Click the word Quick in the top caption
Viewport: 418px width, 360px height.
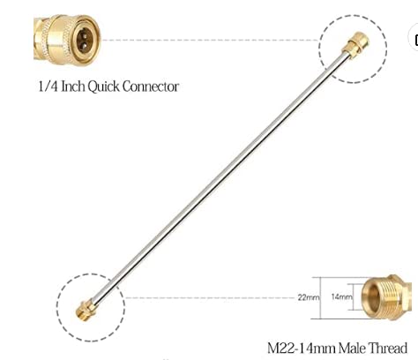[x=104, y=86]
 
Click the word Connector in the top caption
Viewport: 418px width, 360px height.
[x=151, y=86]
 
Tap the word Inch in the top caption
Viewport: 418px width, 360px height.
[x=73, y=86]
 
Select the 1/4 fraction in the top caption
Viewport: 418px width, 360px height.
[x=49, y=86]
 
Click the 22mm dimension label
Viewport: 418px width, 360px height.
[x=309, y=297]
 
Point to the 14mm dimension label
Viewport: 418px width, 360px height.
[x=341, y=296]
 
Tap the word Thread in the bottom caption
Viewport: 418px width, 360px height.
[x=388, y=348]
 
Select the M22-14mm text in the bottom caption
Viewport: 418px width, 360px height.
[x=302, y=349]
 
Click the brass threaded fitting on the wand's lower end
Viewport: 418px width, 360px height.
[x=86, y=310]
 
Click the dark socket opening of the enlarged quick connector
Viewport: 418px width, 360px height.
[x=85, y=41]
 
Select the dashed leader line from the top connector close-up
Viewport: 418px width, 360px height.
[x=211, y=40]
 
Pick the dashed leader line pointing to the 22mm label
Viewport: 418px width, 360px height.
[x=211, y=297]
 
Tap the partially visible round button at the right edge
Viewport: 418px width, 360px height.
[x=414, y=39]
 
